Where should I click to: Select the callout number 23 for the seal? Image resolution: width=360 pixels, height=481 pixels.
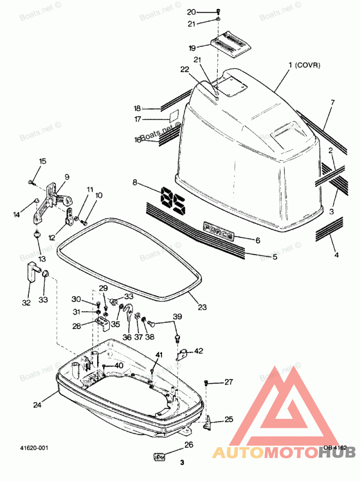pyautogui.click(x=202, y=307)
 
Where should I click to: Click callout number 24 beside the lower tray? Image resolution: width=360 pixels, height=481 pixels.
pyautogui.click(x=37, y=404)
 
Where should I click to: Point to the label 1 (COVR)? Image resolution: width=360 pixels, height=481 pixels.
pyautogui.click(x=304, y=66)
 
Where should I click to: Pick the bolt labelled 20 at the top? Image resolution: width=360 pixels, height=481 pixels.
pyautogui.click(x=218, y=11)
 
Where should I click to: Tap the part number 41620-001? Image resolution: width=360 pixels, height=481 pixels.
pyautogui.click(x=34, y=448)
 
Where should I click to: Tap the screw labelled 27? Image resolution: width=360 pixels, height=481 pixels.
pyautogui.click(x=207, y=382)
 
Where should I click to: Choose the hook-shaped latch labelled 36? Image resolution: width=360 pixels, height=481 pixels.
pyautogui.click(x=130, y=311)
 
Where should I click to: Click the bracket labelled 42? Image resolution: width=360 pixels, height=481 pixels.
pyautogui.click(x=182, y=354)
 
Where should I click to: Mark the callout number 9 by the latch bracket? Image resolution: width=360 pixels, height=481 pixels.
pyautogui.click(x=67, y=177)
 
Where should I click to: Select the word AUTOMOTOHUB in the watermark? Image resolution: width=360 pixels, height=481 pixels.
pyautogui.click(x=283, y=452)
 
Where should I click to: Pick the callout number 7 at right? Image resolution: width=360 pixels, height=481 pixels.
pyautogui.click(x=333, y=103)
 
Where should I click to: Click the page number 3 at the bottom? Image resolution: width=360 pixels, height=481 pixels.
pyautogui.click(x=182, y=463)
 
